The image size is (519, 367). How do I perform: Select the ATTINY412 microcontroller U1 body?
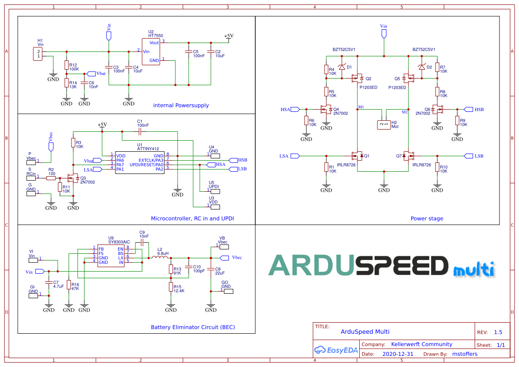[x=139, y=162]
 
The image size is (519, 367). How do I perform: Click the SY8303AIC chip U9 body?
[x=111, y=255]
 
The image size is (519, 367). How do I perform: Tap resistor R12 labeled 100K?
[x=67, y=65]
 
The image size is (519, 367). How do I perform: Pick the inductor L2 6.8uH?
[x=160, y=257]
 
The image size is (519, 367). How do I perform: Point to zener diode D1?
[x=341, y=67]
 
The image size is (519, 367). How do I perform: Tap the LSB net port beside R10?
[x=470, y=156]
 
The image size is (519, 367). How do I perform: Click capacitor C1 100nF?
[x=140, y=132]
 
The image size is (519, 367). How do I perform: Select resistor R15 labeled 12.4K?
[x=170, y=287]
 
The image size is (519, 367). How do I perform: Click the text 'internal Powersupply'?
[x=181, y=106]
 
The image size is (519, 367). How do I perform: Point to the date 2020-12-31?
[x=398, y=354]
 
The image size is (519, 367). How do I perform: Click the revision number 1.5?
[x=498, y=332]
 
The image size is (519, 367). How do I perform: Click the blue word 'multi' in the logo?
[x=473, y=269]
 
